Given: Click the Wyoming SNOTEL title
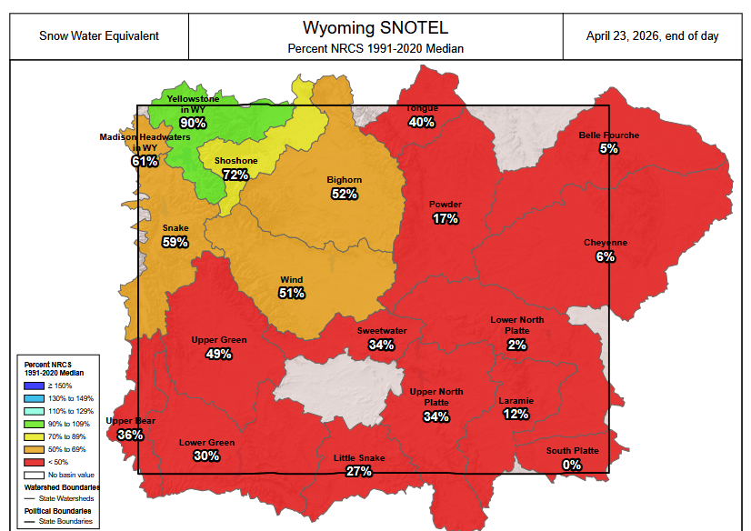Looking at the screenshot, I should [x=375, y=27].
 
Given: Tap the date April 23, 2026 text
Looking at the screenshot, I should [x=653, y=35].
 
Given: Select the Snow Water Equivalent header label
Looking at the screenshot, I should [x=99, y=35].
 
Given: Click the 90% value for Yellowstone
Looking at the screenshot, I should [x=193, y=123].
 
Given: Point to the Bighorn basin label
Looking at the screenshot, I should [x=345, y=180].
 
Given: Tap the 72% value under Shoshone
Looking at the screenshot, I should [x=235, y=175].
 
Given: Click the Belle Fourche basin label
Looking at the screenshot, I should [x=609, y=135].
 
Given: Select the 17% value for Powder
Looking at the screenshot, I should [x=446, y=218].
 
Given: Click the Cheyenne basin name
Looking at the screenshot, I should [x=606, y=243].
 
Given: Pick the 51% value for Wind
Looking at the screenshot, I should [x=292, y=293].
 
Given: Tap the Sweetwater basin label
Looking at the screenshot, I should [x=382, y=331].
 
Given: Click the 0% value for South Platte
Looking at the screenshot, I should [x=572, y=465].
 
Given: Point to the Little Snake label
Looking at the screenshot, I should [x=359, y=458].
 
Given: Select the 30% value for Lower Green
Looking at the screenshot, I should [x=206, y=456].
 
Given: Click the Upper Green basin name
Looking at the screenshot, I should [x=219, y=340].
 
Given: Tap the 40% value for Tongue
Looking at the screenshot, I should [x=422, y=122].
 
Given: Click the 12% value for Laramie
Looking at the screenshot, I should [x=516, y=414].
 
